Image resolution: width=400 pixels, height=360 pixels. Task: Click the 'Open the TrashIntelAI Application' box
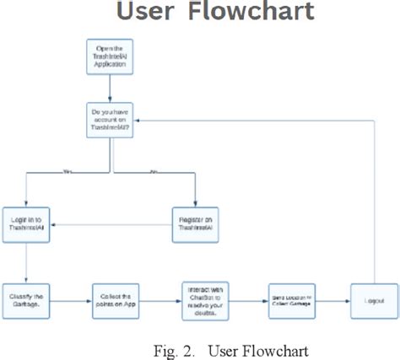point(112,57)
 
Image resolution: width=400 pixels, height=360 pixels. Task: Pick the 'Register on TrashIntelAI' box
point(196,224)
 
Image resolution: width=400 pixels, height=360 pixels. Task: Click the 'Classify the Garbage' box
point(26,300)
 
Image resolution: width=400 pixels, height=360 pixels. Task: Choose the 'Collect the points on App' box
point(116,300)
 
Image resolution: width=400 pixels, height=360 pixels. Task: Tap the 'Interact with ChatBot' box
point(205,300)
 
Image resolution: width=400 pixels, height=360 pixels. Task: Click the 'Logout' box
point(373,300)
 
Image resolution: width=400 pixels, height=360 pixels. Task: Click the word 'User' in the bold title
point(149,12)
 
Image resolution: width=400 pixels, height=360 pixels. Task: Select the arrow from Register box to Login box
point(110,225)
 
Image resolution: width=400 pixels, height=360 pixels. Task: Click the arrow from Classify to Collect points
point(71,300)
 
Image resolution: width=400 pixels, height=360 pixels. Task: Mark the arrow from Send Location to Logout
point(332,300)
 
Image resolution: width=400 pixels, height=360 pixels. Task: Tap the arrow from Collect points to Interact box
point(160,300)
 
